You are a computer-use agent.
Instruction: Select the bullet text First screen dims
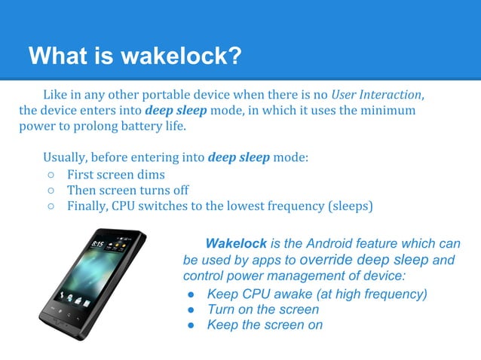[115, 175]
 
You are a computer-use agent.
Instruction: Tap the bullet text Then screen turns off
[127, 190]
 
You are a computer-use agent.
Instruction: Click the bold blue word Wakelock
[235, 244]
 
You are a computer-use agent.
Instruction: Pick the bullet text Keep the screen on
[265, 325]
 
